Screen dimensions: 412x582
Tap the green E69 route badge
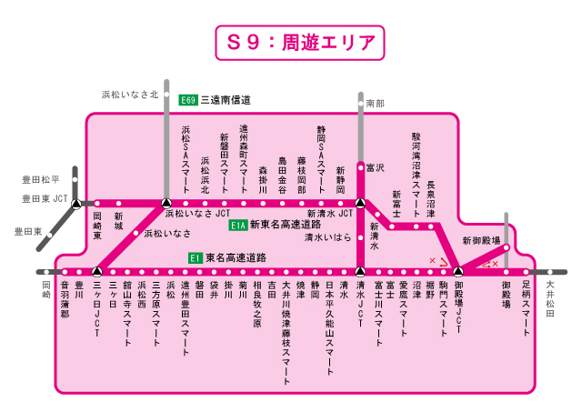pyautogui.click(x=188, y=99)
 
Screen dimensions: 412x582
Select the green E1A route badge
pyautogui.click(x=238, y=225)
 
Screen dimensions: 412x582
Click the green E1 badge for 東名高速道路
pyautogui.click(x=195, y=257)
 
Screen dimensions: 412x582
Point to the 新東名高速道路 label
pyautogui.click(x=286, y=225)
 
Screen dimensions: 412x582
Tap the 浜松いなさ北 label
pyautogui.click(x=128, y=94)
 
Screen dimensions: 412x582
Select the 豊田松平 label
pyautogui.click(x=42, y=181)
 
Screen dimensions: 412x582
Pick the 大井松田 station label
pyautogui.click(x=550, y=299)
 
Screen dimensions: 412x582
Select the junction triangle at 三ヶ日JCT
pyautogui.click(x=96, y=271)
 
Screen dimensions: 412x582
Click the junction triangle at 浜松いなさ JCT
pyautogui.click(x=166, y=203)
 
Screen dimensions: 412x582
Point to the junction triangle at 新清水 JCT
pyautogui.click(x=361, y=203)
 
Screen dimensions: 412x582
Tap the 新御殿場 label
pyautogui.click(x=481, y=240)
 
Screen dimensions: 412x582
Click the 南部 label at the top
pyautogui.click(x=374, y=104)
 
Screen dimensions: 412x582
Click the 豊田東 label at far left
pyautogui.click(x=27, y=232)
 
